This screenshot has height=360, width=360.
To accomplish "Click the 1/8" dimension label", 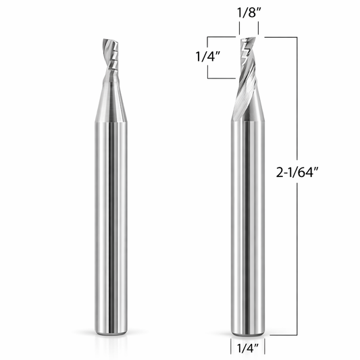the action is (249, 12).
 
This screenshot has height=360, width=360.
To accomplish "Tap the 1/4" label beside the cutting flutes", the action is (208, 57).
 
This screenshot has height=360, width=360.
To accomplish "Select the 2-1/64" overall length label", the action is (298, 172).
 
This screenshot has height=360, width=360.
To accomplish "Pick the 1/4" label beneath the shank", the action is (248, 349).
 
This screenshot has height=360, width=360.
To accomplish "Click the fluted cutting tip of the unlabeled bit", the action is (111, 59).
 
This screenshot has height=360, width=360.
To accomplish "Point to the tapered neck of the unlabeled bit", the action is (111, 101).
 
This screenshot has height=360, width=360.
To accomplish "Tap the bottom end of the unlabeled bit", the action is (111, 332).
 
